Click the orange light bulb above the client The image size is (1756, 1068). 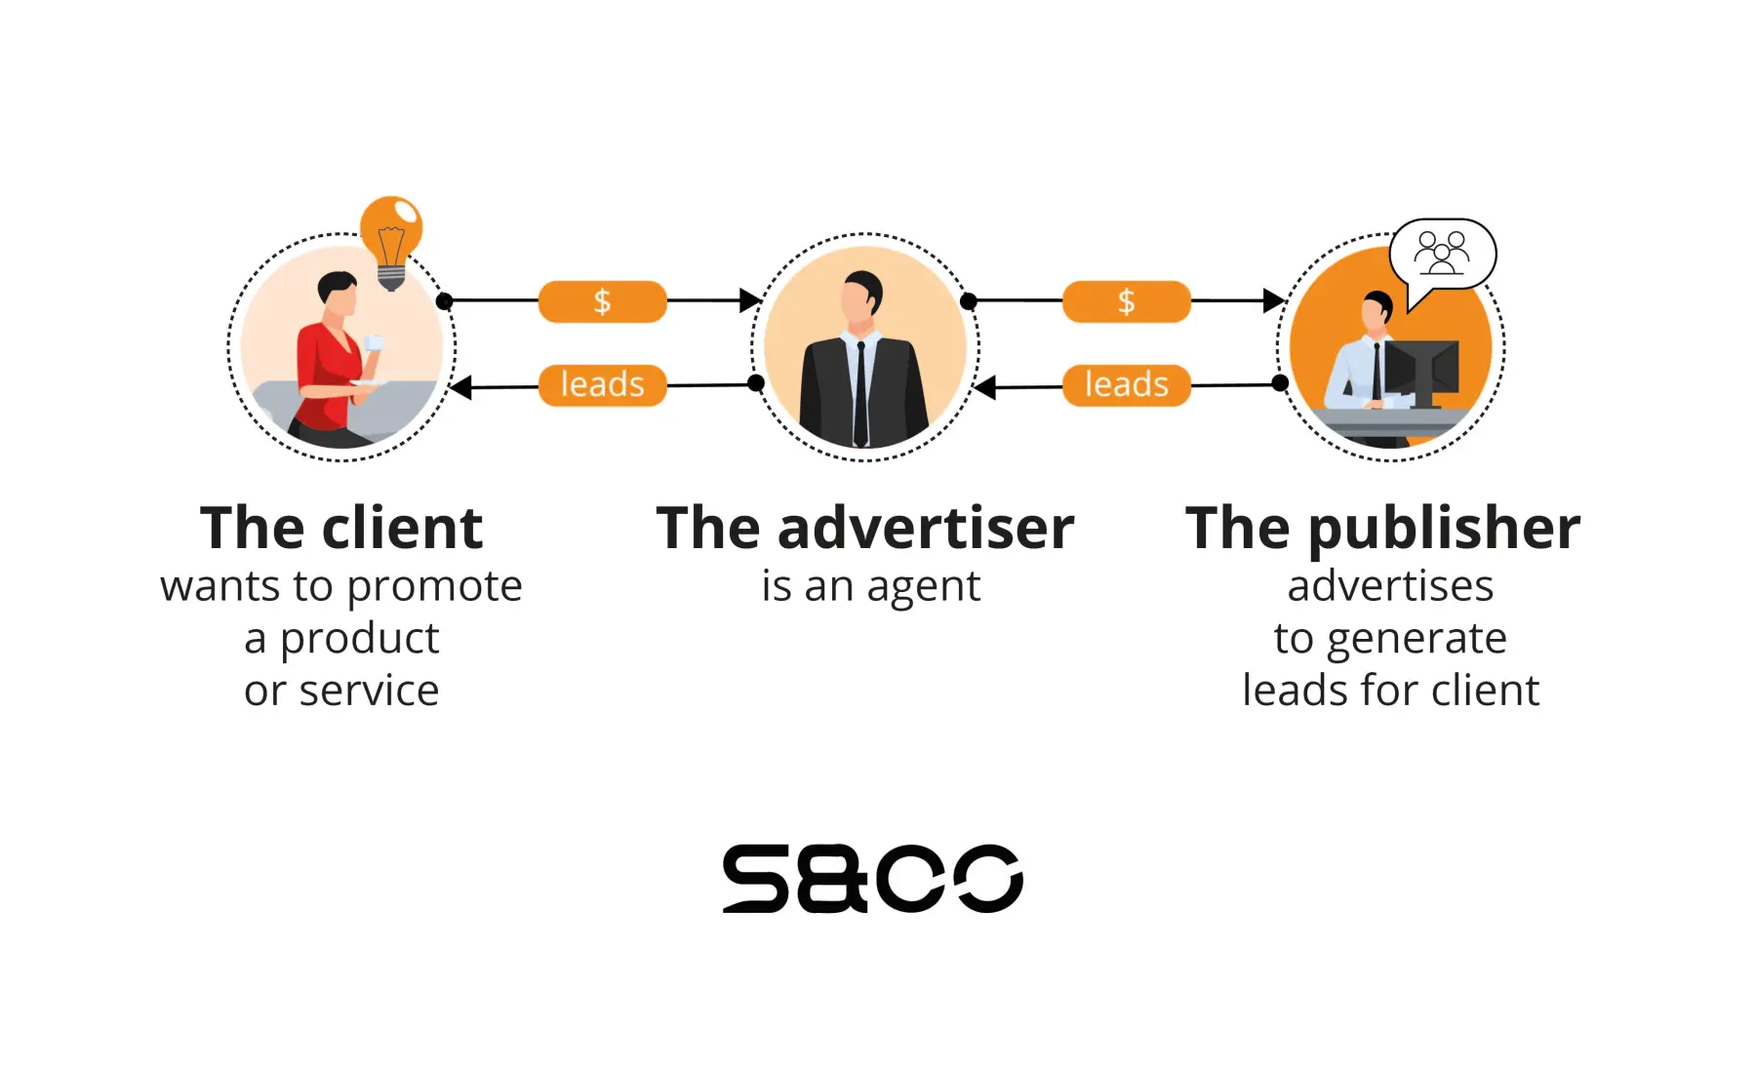(x=391, y=234)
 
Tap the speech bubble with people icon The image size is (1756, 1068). (x=1442, y=253)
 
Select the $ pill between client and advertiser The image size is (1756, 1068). (x=602, y=301)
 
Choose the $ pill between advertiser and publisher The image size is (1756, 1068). (x=1126, y=301)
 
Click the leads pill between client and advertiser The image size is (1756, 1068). (x=602, y=384)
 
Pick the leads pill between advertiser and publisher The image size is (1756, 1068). (x=1126, y=384)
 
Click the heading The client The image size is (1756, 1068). (x=341, y=528)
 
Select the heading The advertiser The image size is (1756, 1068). (x=865, y=528)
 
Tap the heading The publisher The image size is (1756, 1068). (x=1383, y=528)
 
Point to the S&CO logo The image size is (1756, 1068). (x=872, y=878)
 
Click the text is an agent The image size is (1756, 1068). (x=870, y=586)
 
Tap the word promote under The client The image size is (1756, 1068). (x=434, y=586)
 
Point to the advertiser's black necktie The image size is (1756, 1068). (x=860, y=390)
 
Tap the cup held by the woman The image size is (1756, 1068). (x=374, y=343)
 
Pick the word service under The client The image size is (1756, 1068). (x=369, y=691)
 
